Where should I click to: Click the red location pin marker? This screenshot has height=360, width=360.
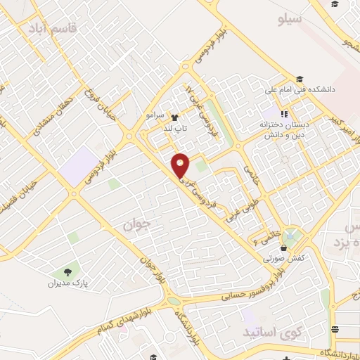(x=181, y=165)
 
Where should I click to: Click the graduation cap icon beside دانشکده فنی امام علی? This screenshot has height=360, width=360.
(x=300, y=79)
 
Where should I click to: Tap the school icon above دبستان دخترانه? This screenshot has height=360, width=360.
(x=284, y=114)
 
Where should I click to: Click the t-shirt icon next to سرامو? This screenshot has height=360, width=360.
(x=174, y=117)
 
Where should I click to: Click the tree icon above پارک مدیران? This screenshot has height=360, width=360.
(x=67, y=272)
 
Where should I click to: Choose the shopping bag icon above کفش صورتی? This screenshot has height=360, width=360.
(x=283, y=247)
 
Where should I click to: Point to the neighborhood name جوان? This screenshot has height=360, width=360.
(x=138, y=224)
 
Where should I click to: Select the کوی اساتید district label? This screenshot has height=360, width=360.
(x=267, y=330)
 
